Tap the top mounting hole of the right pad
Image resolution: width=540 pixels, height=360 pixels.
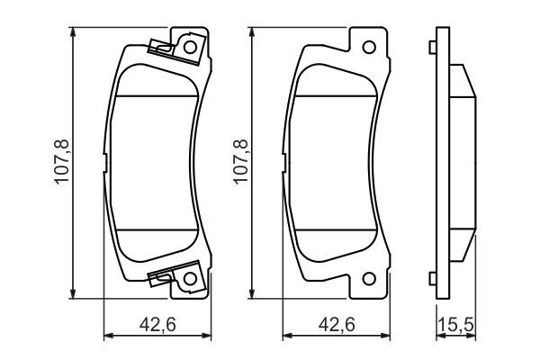coord(367,46)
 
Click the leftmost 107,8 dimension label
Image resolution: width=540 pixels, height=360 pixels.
coord(62,162)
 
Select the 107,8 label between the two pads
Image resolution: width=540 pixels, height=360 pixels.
coord(240,162)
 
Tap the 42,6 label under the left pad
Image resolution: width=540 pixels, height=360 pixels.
coord(157,324)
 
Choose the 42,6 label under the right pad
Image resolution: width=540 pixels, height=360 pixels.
coord(335,324)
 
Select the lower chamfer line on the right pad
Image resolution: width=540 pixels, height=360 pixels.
coord(334,229)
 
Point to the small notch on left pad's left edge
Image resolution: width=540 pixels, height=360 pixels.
coord(106,162)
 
